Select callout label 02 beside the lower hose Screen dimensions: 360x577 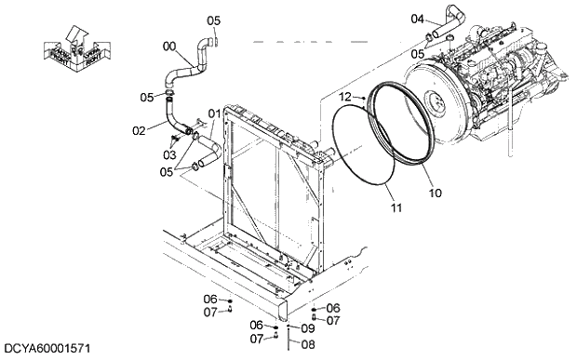[x=139, y=130]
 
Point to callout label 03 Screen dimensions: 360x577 [x=169, y=154]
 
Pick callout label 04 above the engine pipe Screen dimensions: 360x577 [x=417, y=18]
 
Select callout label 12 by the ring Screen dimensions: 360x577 [x=344, y=97]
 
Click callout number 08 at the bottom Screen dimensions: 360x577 [x=308, y=344]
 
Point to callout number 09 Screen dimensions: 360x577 [x=308, y=328]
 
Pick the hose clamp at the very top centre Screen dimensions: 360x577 [x=212, y=40]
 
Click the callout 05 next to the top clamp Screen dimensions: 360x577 [x=213, y=20]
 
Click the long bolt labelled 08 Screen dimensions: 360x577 [x=288, y=340]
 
